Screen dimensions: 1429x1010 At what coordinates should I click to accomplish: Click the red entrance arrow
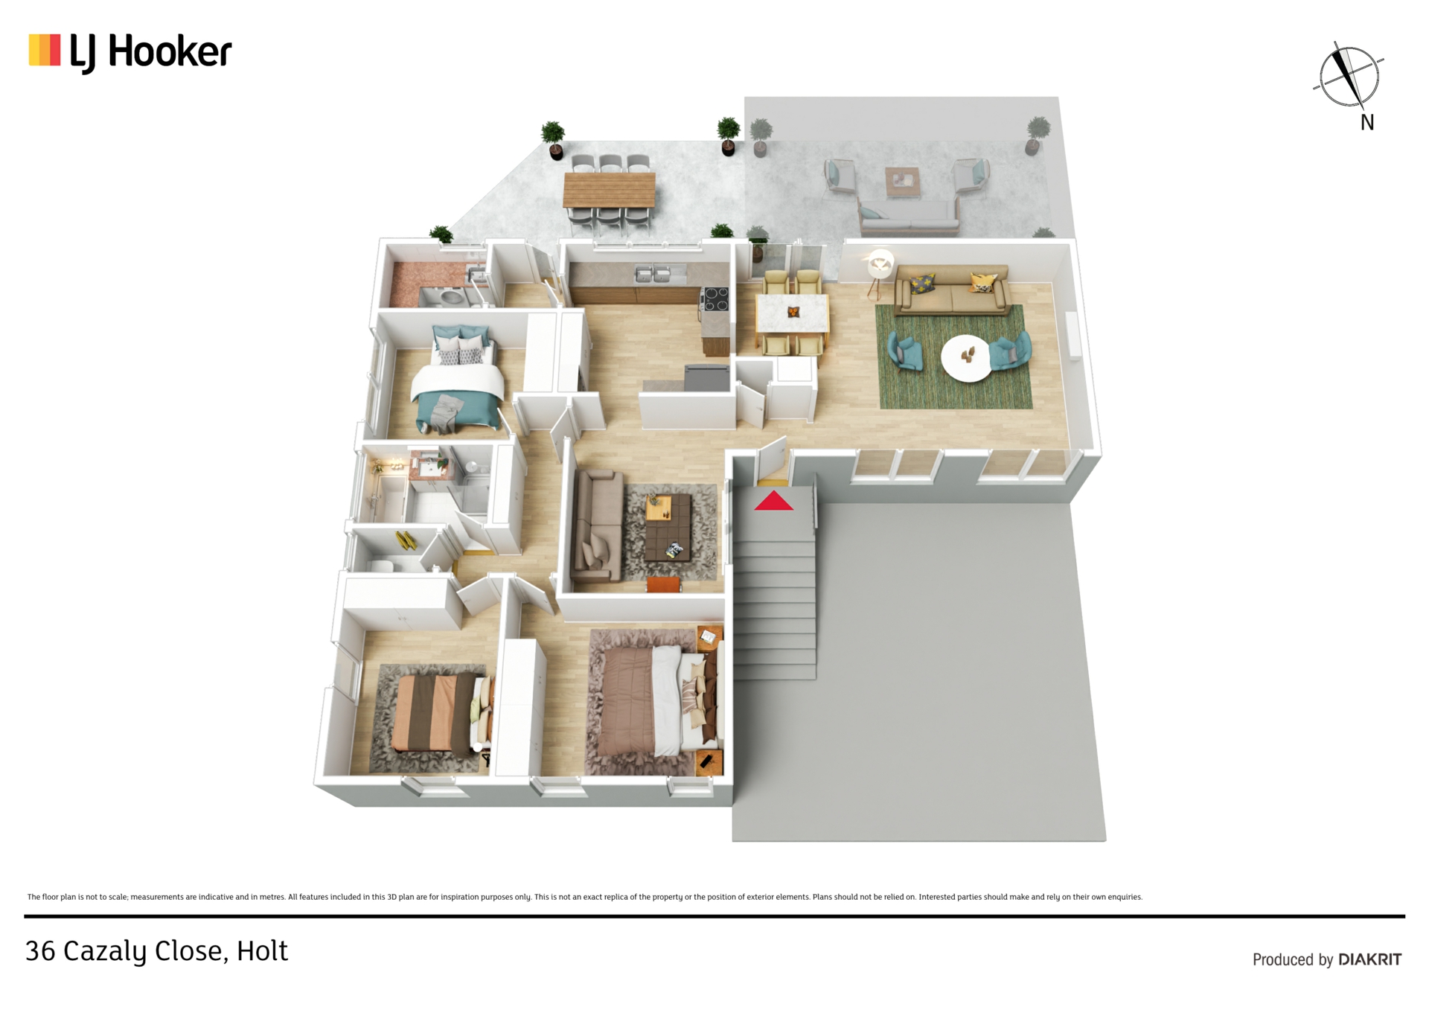pos(773,501)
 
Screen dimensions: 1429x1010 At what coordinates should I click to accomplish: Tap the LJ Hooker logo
pos(130,52)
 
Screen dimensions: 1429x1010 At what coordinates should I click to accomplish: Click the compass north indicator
pos(1349,77)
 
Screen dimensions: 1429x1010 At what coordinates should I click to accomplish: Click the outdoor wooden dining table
pos(610,190)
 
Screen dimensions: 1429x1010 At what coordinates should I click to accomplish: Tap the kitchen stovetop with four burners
pos(715,298)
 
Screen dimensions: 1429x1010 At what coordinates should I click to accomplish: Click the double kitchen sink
pos(652,274)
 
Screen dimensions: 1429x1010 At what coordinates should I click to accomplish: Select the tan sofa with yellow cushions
pos(952,289)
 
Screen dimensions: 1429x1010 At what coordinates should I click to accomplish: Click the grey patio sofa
pos(909,217)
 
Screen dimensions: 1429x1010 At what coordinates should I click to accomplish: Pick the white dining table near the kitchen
pos(792,313)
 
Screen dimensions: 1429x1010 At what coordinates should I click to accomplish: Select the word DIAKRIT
pos(1369,959)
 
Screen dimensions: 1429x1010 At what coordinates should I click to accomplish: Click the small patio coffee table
pos(903,181)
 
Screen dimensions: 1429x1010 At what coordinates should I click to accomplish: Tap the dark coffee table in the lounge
pos(668,528)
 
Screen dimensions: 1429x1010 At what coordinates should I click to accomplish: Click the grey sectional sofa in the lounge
pos(598,525)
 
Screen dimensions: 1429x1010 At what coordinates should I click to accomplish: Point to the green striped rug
pos(953,357)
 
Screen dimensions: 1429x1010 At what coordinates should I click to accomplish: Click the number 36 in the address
pos(40,951)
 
